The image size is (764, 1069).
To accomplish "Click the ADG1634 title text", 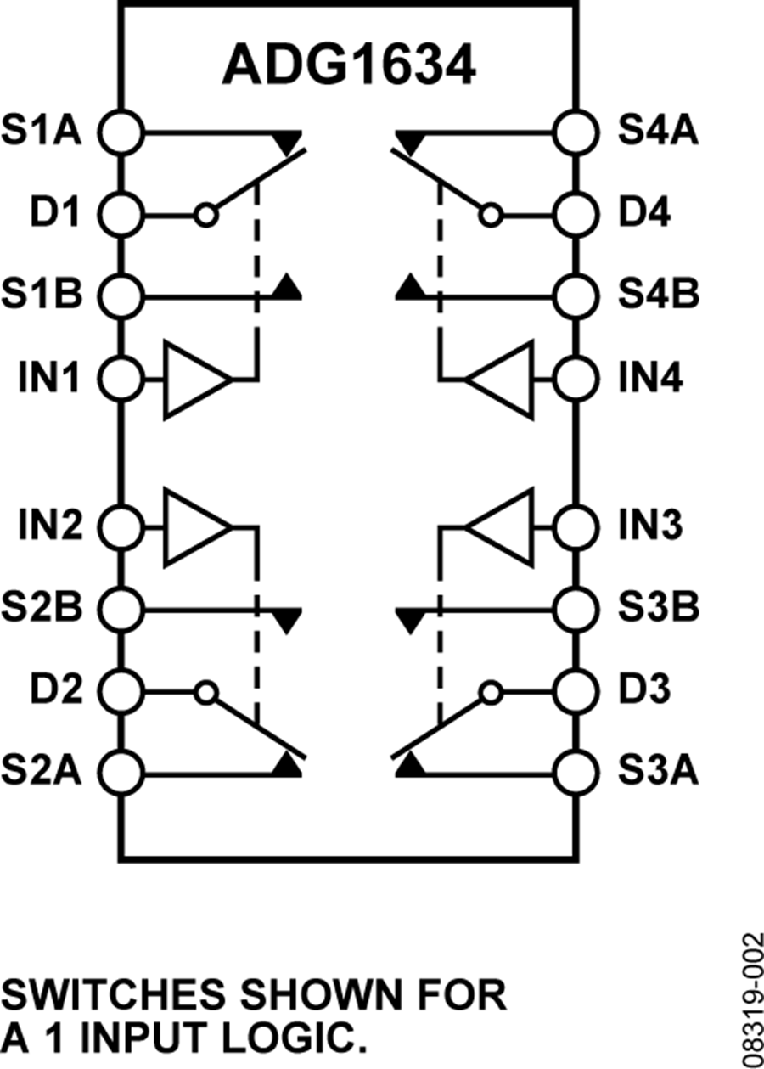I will [x=348, y=66].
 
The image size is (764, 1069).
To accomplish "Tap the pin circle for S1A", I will [x=120, y=132].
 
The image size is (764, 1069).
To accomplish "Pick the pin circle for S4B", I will [x=576, y=296].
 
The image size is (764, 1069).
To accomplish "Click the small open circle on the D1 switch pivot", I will [x=205, y=215].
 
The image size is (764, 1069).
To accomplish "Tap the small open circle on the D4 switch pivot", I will [x=490, y=215].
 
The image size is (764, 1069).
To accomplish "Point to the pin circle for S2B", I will [x=120, y=608].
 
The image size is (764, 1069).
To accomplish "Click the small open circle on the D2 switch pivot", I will [x=205, y=692].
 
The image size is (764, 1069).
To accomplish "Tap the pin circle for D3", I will [x=576, y=692].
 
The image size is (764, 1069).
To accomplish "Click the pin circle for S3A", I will [x=576, y=772].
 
